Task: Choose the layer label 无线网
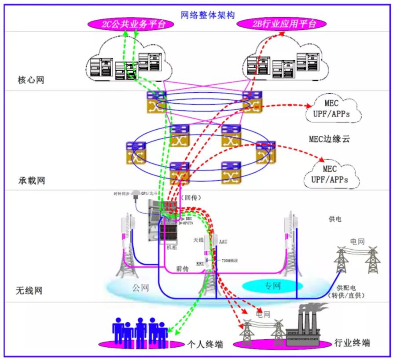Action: (x=29, y=291)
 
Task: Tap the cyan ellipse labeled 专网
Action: (x=272, y=286)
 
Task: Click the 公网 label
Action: (x=140, y=287)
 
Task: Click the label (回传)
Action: (x=190, y=198)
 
